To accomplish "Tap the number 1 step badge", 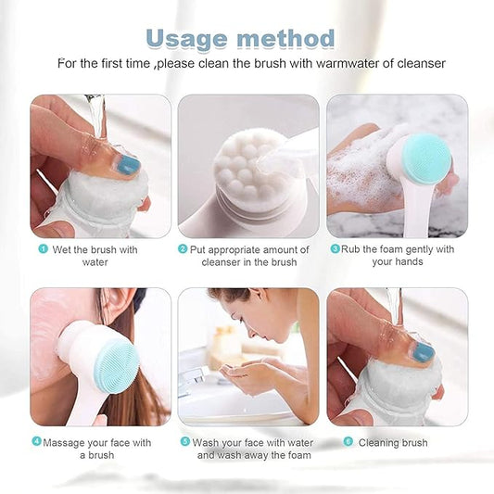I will point(42,249).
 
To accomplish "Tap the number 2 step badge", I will point(183,249).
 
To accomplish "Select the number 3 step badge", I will point(335,248).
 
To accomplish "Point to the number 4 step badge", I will point(36,442).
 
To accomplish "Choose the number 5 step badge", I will point(185,442).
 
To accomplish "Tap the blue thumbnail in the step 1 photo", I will point(127,165).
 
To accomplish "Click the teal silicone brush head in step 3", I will point(427,158).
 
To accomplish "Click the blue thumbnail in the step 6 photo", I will point(423,352).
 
